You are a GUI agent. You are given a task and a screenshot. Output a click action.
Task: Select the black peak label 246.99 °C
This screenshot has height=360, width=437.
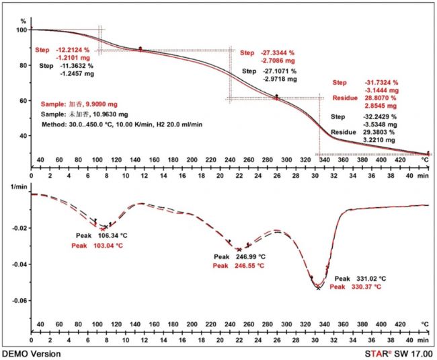pos(249,257)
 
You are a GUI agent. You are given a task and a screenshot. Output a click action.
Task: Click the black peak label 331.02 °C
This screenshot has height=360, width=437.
pos(370,278)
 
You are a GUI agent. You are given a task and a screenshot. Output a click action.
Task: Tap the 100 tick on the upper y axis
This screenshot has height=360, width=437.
pos(21,30)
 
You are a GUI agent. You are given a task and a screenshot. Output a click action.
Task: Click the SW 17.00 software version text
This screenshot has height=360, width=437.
pos(417,353)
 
